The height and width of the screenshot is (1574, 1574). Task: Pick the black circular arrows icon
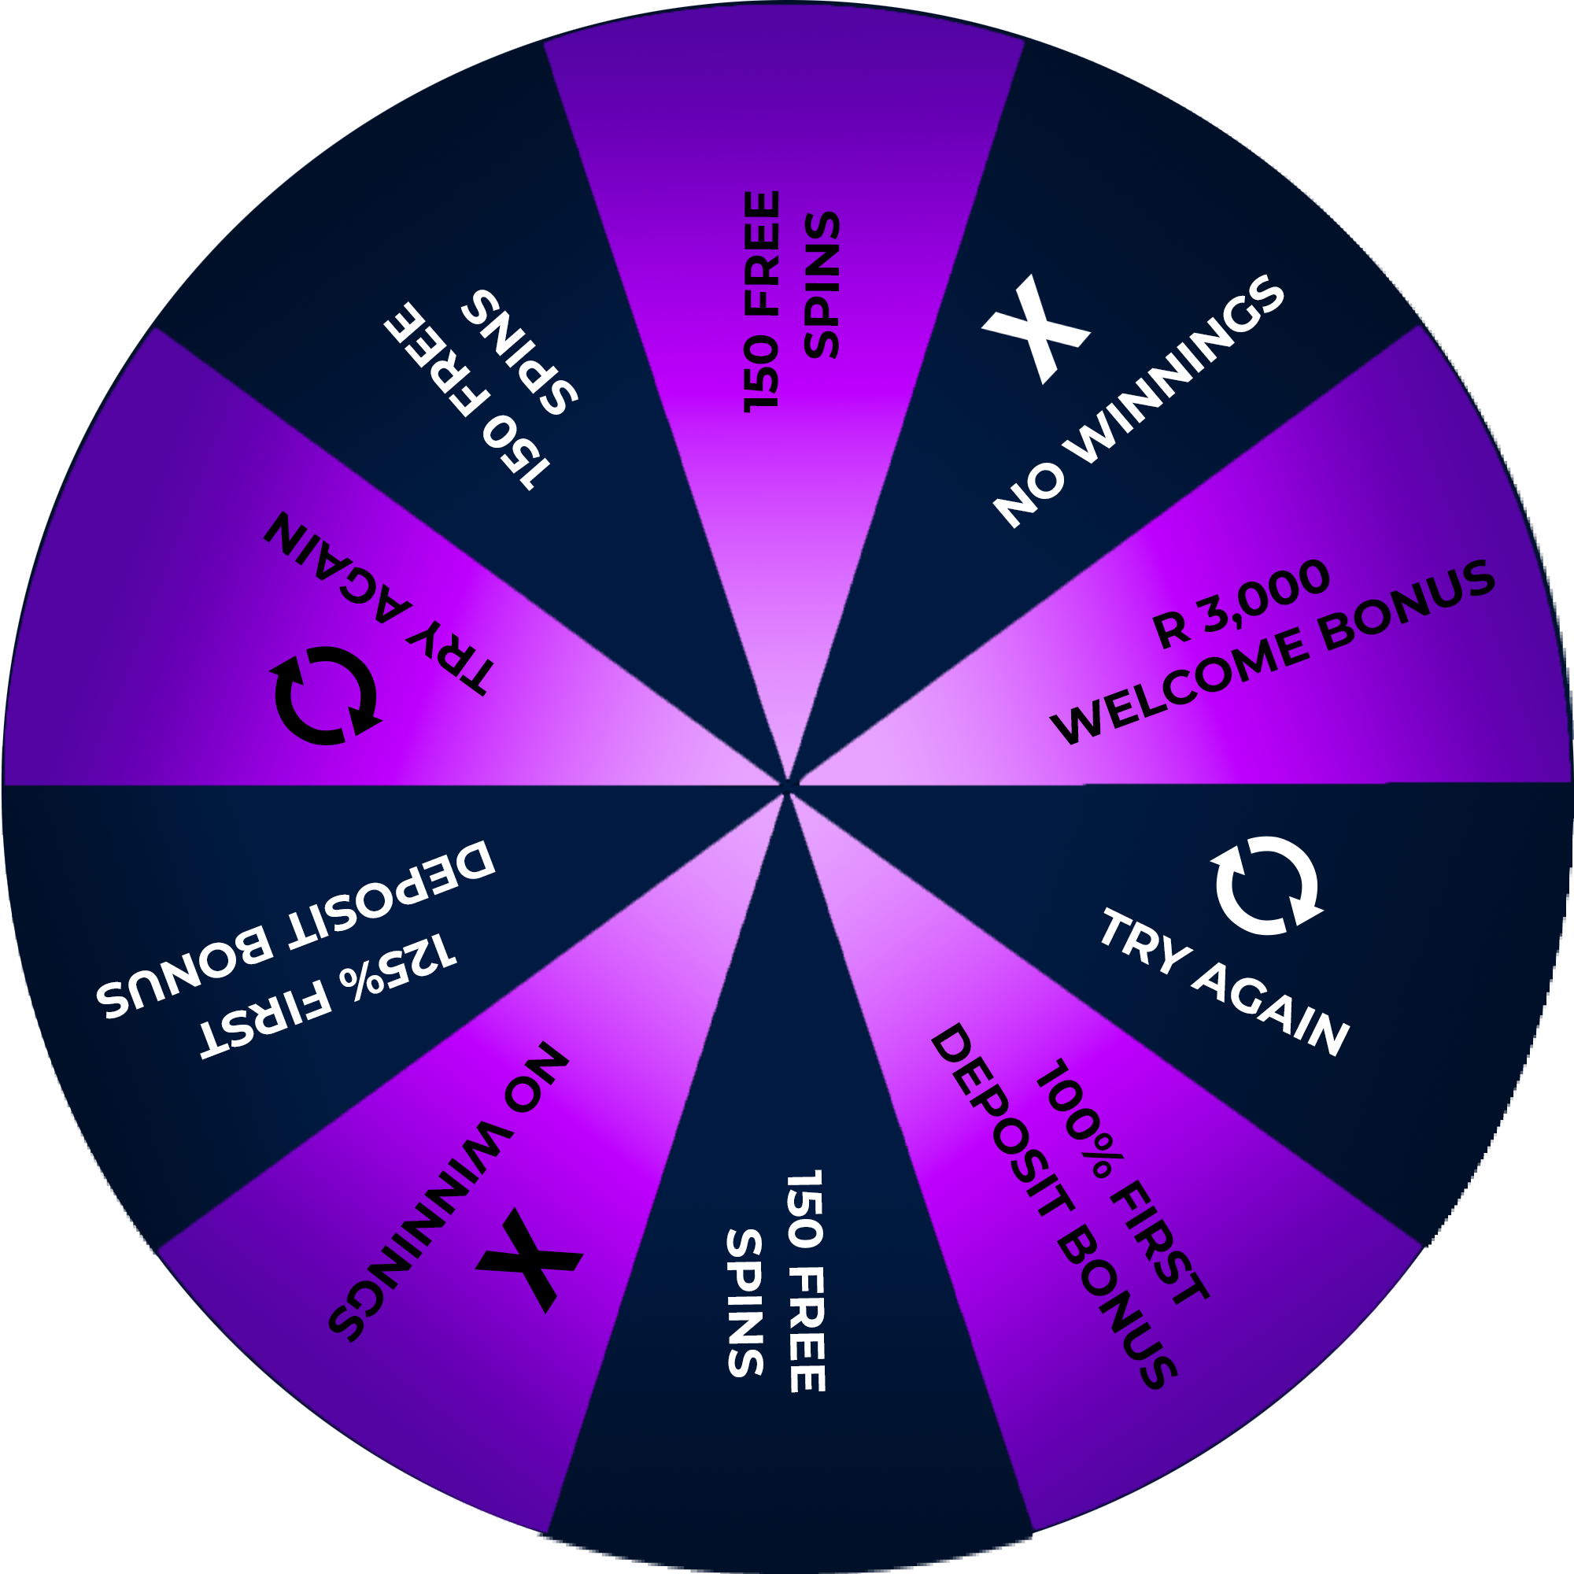325,696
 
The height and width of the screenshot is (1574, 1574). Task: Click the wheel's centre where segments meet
787,786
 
